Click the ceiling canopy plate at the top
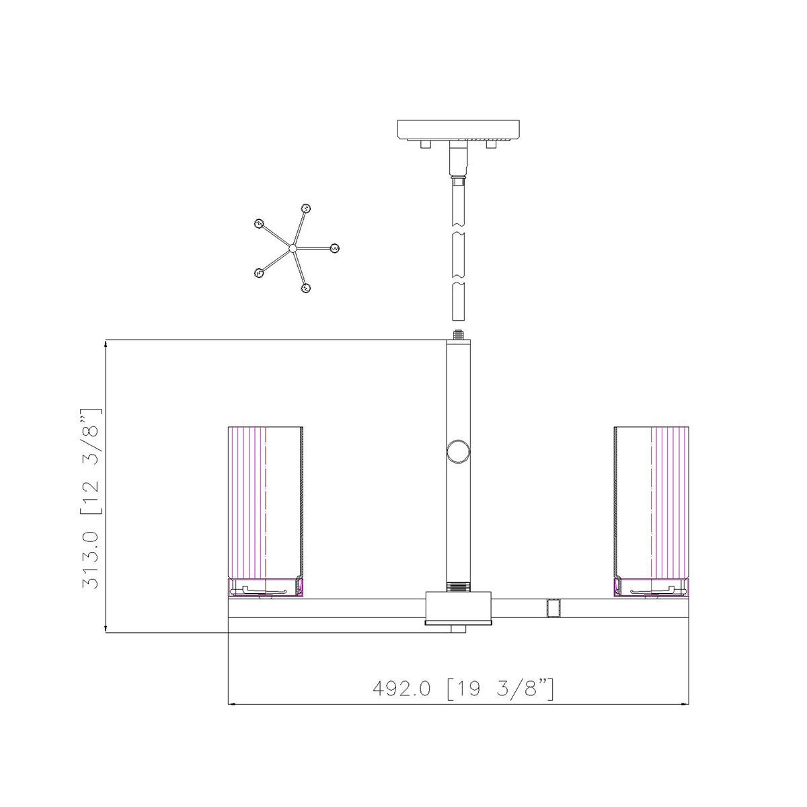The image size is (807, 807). (x=459, y=128)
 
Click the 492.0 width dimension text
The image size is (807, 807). (x=463, y=689)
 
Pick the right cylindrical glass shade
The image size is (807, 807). (x=651, y=501)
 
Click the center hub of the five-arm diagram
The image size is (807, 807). (x=293, y=249)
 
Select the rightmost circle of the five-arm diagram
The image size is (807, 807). (x=334, y=248)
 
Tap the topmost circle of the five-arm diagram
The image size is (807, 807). (x=305, y=208)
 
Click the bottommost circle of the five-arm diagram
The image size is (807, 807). (x=306, y=289)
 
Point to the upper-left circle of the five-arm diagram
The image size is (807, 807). (x=258, y=224)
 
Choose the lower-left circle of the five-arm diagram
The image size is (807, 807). (x=258, y=273)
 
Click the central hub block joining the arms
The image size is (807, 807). (x=459, y=607)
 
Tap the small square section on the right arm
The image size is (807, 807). (x=553, y=608)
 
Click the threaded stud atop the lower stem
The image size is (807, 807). (x=459, y=334)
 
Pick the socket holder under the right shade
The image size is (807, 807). (x=651, y=588)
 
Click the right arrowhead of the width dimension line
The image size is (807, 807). (x=685, y=704)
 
